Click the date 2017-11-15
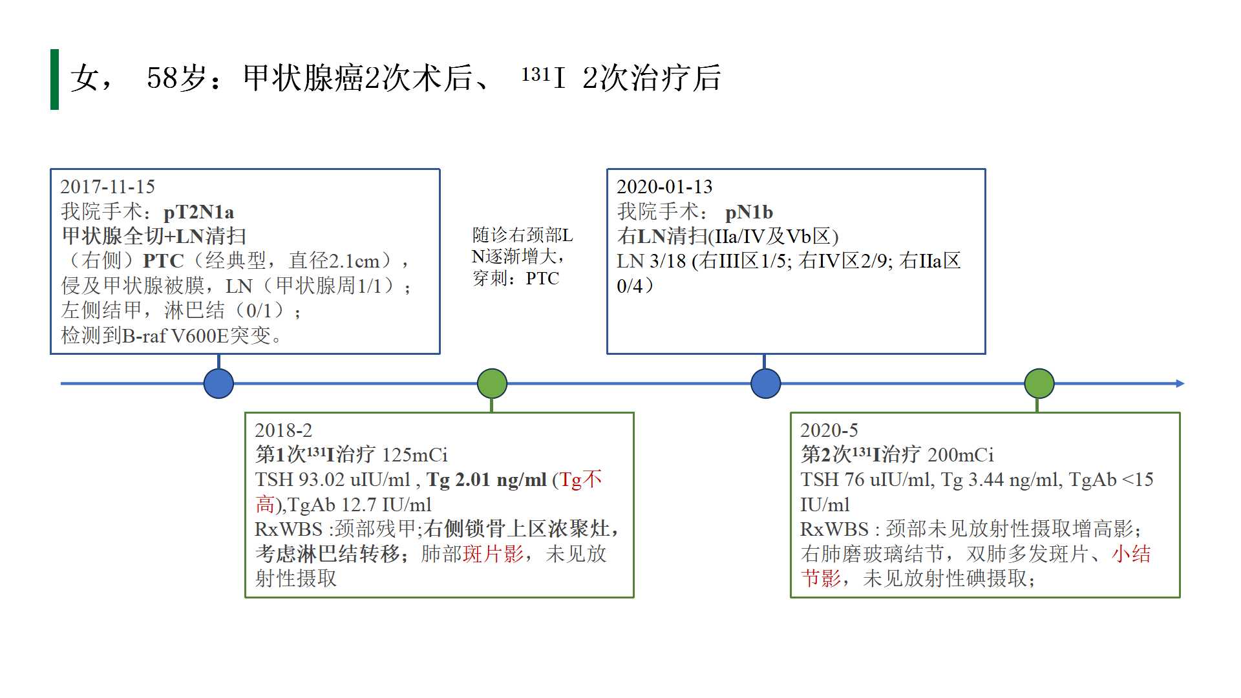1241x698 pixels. click(x=108, y=187)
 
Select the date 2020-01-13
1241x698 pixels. click(x=664, y=187)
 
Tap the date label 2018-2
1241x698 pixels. click(x=283, y=430)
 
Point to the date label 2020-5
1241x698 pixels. click(x=829, y=430)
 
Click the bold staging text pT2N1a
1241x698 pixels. click(x=198, y=212)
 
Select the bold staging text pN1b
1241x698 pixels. click(x=748, y=212)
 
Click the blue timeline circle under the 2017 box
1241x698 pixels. click(x=218, y=383)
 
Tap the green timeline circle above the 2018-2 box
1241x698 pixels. click(x=492, y=383)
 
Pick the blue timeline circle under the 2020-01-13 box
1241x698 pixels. click(x=765, y=383)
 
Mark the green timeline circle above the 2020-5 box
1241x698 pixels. click(x=1039, y=383)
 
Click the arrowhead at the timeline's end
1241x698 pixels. click(x=1180, y=383)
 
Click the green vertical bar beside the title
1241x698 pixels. click(x=54, y=79)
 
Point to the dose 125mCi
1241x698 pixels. click(x=414, y=455)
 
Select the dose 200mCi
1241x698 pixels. click(x=960, y=455)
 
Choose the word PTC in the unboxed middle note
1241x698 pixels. click(x=542, y=279)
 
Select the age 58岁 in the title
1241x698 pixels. click(x=176, y=78)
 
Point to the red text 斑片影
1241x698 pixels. click(x=493, y=554)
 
